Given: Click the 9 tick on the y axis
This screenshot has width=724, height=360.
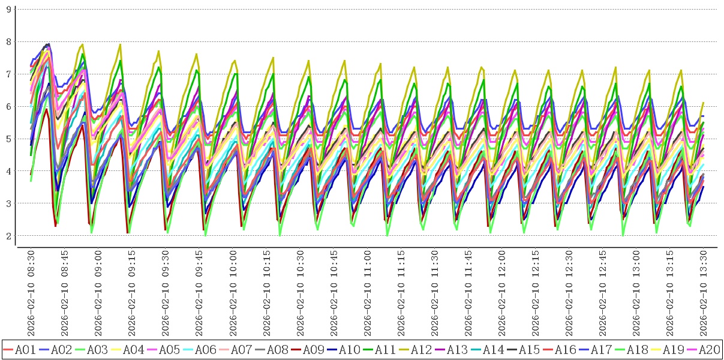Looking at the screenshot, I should point(8,9).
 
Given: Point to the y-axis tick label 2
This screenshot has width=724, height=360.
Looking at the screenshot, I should point(8,236).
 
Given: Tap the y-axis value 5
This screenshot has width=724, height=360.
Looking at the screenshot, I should point(8,139).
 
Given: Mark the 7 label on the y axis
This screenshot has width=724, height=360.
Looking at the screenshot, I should point(8,74).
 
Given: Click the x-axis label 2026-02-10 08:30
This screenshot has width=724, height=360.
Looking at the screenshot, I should point(31,294).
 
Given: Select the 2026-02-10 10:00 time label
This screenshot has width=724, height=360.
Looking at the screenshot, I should point(233,294).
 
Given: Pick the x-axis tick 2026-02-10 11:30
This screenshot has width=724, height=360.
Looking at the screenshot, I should point(435,294).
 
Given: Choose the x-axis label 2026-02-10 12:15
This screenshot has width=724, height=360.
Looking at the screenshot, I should point(536,294).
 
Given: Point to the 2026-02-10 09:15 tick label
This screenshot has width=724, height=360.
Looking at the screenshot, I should point(132,294).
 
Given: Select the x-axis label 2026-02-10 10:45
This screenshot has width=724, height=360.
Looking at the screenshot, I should point(334,294).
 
